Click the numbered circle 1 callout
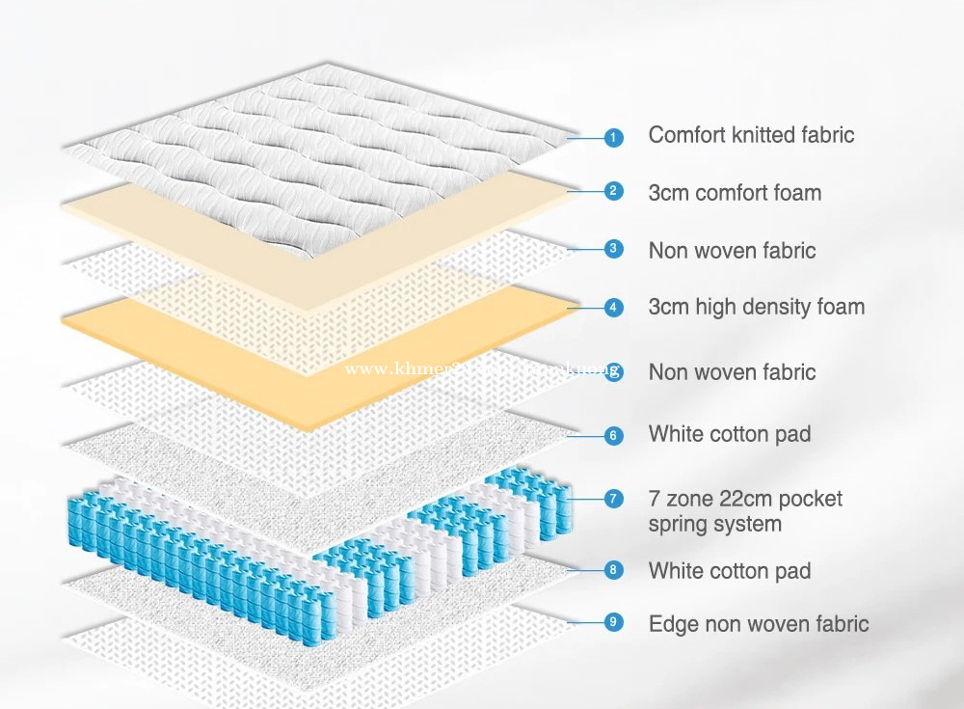click(614, 137)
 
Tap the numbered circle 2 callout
click(614, 190)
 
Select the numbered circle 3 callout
click(614, 249)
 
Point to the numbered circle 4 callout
click(614, 308)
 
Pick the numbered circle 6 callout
click(614, 435)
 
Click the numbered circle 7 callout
click(614, 499)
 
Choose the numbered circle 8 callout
click(614, 569)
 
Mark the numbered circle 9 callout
click(614, 622)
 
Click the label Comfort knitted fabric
click(751, 135)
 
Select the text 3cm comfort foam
click(735, 192)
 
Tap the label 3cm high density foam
click(756, 308)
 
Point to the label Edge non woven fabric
click(758, 624)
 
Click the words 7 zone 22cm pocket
click(745, 500)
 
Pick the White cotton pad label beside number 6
click(729, 434)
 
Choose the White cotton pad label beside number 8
click(729, 570)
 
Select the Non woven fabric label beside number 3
click(732, 251)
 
